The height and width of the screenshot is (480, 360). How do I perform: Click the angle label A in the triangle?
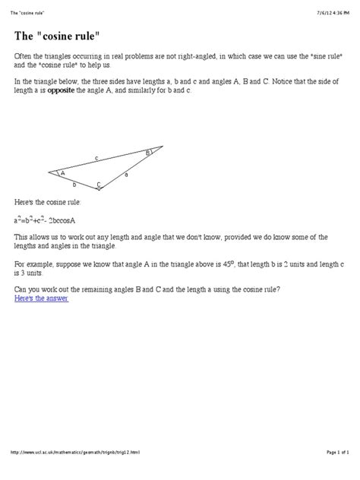[x=63, y=173]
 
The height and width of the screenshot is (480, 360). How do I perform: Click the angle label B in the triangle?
[x=148, y=153]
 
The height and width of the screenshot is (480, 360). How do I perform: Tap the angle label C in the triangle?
[x=99, y=184]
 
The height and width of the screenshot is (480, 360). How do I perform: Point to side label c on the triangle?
[x=96, y=157]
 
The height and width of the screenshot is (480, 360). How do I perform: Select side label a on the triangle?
[x=125, y=174]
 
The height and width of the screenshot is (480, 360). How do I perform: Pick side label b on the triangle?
[x=74, y=185]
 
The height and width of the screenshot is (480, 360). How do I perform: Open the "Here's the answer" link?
[x=42, y=299]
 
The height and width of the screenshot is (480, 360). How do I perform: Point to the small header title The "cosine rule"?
[x=31, y=6]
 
